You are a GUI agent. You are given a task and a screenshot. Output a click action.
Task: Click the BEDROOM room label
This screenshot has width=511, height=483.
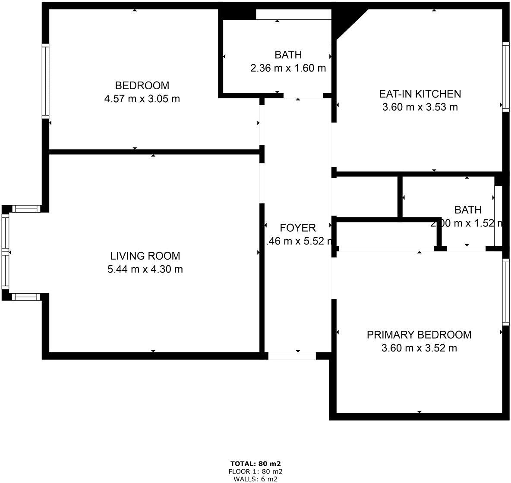[142, 85]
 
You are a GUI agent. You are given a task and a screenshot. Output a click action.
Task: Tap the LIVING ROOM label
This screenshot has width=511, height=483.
[145, 256]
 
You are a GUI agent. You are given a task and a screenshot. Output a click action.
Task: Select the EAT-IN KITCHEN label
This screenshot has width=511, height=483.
[420, 94]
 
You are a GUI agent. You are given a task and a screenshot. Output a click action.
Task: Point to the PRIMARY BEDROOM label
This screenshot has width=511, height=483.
[419, 335]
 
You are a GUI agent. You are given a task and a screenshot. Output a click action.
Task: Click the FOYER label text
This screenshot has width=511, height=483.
[298, 228]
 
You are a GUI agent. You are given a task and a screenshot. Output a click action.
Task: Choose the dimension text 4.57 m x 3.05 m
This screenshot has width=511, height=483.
[142, 99]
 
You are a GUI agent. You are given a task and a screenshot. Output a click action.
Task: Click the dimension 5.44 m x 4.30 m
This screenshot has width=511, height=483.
[145, 270]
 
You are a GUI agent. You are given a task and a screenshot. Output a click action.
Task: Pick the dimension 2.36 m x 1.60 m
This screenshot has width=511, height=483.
[288, 68]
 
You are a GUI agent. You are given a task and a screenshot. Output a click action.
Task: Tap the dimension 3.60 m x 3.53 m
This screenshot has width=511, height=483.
[420, 107]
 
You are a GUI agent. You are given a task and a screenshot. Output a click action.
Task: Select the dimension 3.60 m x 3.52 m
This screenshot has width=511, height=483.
[419, 348]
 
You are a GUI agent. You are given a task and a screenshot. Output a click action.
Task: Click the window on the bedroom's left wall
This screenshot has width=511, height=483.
[45, 81]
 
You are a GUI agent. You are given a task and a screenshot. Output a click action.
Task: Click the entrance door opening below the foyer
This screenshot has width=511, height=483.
[292, 356]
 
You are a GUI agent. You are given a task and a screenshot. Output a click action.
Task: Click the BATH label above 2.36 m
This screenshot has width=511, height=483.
[288, 55]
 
